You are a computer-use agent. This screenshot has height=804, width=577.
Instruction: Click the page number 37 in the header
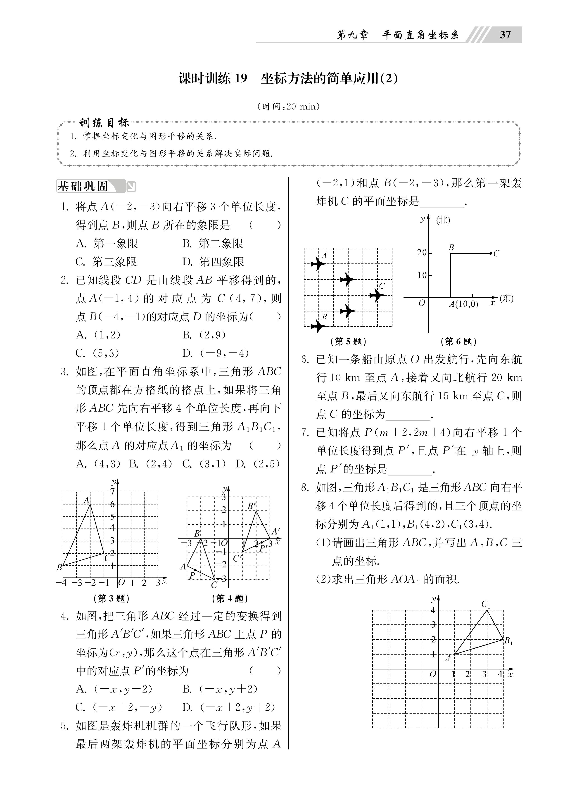[505, 35]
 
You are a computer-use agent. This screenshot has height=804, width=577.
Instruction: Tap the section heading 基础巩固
[83, 186]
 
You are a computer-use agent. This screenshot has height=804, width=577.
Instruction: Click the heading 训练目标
[104, 123]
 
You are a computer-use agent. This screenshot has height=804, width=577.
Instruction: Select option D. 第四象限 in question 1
[213, 262]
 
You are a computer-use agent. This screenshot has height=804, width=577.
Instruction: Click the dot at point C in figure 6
[490, 253]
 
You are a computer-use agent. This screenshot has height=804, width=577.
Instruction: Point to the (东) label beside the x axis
[506, 299]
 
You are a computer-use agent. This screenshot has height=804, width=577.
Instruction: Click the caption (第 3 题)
[111, 599]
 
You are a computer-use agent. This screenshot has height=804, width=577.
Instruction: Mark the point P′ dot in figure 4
[262, 542]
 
